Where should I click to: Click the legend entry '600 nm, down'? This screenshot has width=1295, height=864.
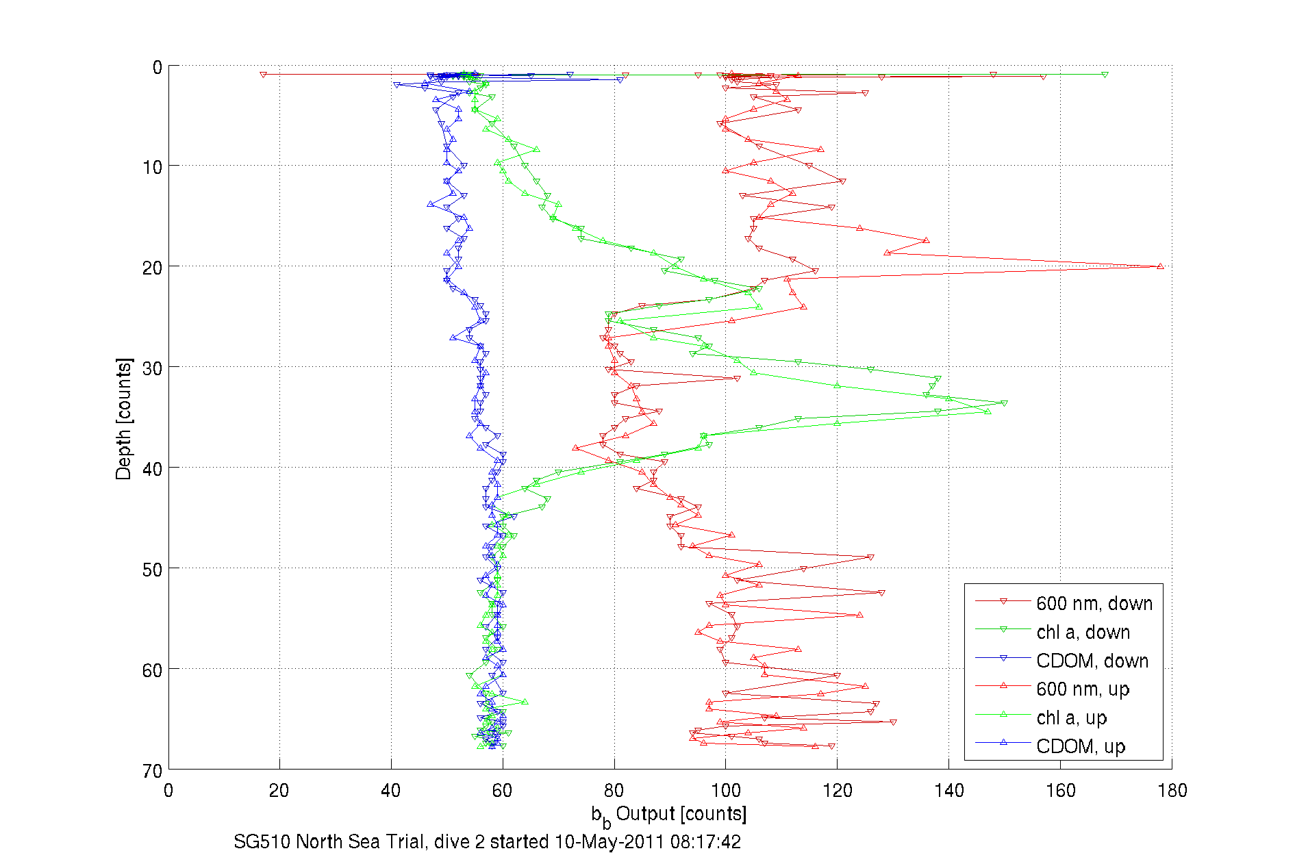[1094, 603]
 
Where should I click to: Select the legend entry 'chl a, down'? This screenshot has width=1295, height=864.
[1083, 632]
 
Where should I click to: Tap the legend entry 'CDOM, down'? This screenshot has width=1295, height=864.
[1092, 661]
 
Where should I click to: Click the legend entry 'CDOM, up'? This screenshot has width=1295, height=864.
[1080, 746]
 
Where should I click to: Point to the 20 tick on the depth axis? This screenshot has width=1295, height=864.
[152, 268]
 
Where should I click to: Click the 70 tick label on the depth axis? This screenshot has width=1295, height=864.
[152, 771]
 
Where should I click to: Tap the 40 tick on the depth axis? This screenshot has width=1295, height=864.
[152, 469]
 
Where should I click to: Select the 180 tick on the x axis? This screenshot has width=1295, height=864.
[1172, 791]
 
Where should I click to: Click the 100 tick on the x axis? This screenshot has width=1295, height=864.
[726, 791]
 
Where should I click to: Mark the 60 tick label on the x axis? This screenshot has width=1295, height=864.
[503, 791]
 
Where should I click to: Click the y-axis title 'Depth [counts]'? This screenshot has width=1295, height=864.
[123, 418]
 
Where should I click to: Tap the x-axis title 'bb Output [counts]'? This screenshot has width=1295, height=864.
[669, 815]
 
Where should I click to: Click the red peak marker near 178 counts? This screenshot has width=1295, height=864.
[1160, 266]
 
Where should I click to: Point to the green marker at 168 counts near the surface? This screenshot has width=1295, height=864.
[1105, 75]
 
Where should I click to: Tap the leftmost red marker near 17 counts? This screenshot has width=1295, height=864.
[263, 75]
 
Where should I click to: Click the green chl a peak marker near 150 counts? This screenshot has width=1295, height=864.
[1004, 404]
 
